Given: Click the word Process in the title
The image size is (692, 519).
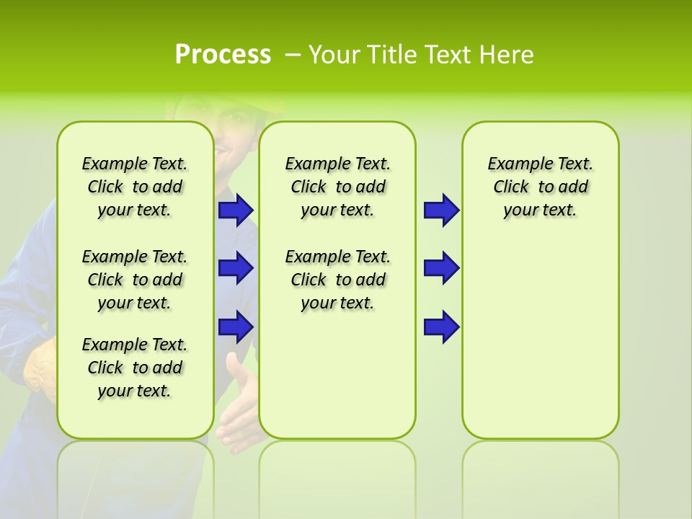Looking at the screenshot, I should [223, 55].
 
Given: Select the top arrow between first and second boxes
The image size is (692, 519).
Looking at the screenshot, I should [236, 210].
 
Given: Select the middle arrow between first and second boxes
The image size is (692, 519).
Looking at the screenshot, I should [236, 268].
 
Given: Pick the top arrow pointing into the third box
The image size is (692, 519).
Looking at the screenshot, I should [441, 210].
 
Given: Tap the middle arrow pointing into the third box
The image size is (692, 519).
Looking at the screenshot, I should [441, 268].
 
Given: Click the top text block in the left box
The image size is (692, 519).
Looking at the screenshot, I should [135, 187].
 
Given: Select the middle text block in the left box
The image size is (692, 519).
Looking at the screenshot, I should [135, 280].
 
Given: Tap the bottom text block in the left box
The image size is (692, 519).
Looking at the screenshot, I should [135, 368].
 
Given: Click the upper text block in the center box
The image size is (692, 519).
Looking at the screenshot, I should [337, 187].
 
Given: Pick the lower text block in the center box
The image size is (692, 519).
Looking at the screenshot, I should [337, 280].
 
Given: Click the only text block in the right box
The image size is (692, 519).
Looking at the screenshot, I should [540, 187].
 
